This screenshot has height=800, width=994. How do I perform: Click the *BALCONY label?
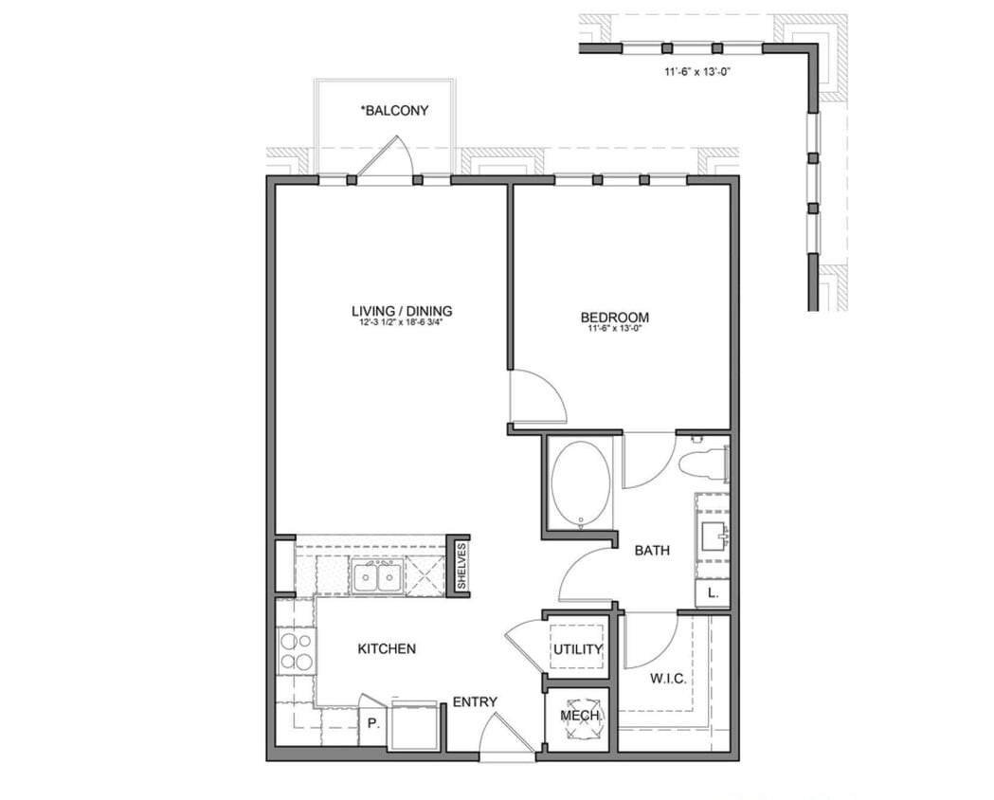393,111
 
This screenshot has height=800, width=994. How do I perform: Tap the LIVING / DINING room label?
402,310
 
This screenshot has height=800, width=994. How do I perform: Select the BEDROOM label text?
615,318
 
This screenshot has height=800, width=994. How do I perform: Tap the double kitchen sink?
376,575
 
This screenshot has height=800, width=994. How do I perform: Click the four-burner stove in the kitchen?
296,650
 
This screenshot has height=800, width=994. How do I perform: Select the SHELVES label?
461,566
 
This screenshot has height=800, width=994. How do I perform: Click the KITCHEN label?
386,649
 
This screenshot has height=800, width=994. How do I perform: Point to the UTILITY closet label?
578,649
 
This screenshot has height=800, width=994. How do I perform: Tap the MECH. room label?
580,716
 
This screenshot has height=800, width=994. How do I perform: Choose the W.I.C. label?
668,680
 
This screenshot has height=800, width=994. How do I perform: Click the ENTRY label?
475,701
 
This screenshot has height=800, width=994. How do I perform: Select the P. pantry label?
373,723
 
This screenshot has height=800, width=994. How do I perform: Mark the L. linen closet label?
713,594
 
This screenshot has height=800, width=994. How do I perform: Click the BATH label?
653,550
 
